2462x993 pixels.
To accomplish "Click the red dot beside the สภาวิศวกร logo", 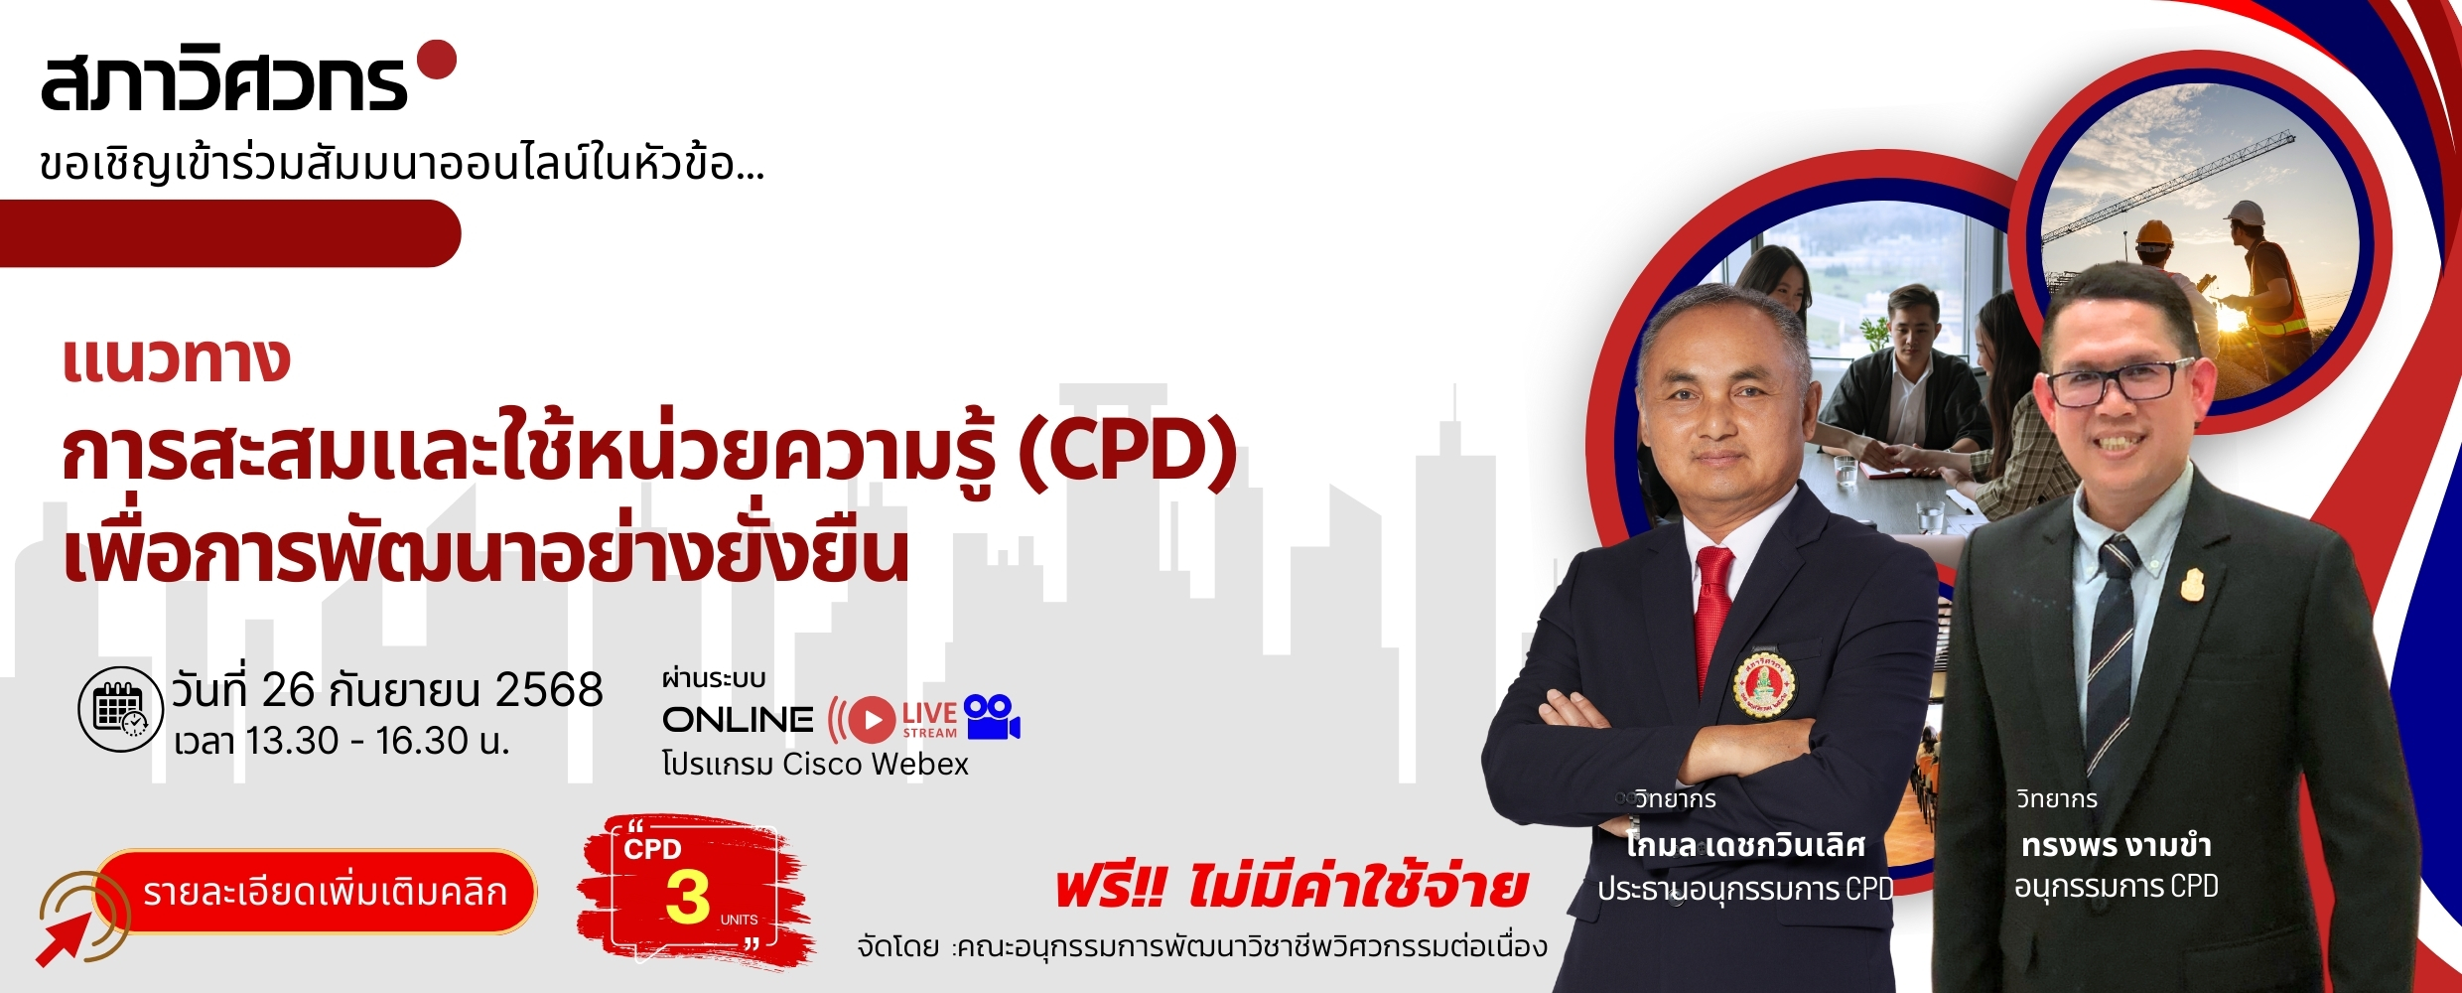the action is [x=437, y=60].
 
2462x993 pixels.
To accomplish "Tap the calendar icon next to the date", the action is [x=120, y=709].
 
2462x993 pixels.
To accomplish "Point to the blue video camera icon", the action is [x=993, y=717].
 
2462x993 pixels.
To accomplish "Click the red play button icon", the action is [x=872, y=720].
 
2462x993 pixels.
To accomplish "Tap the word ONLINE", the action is [x=738, y=720].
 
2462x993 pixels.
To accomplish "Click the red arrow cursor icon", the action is [x=63, y=939].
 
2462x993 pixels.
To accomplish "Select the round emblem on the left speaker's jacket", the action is [x=1764, y=684].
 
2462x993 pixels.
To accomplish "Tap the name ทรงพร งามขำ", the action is [x=2116, y=846].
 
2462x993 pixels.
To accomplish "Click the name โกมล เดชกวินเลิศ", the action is [x=1745, y=846].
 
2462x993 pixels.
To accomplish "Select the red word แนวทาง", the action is [x=176, y=359].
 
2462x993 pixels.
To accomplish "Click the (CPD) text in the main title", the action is [x=1128, y=452].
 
